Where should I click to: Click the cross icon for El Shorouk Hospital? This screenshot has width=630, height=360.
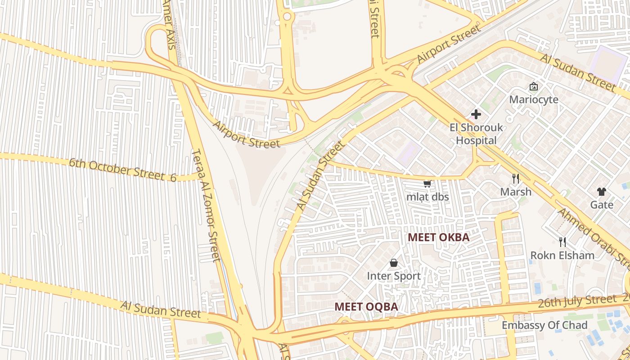pyautogui.click(x=476, y=114)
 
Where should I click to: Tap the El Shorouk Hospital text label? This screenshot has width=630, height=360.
pyautogui.click(x=476, y=134)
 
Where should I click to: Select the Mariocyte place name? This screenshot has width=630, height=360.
pyautogui.click(x=534, y=99)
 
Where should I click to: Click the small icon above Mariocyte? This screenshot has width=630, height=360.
pyautogui.click(x=534, y=86)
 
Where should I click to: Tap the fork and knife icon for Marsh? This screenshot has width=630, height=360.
pyautogui.click(x=516, y=179)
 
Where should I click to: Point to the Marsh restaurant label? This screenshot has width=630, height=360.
pyautogui.click(x=516, y=192)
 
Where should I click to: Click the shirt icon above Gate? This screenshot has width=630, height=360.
pyautogui.click(x=602, y=192)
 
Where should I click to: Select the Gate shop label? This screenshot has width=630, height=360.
pyautogui.click(x=602, y=205)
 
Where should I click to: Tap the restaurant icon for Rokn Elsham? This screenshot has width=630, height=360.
pyautogui.click(x=562, y=242)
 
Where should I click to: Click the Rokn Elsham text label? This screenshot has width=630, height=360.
pyautogui.click(x=562, y=256)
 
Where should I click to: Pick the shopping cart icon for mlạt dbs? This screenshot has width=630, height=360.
pyautogui.click(x=427, y=184)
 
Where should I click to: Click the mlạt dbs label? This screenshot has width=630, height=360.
pyautogui.click(x=427, y=197)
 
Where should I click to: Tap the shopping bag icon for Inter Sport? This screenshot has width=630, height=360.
pyautogui.click(x=394, y=263)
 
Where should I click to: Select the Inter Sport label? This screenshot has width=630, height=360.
pyautogui.click(x=394, y=276)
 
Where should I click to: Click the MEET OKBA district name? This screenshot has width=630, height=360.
pyautogui.click(x=438, y=237)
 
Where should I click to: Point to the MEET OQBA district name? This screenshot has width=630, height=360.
pyautogui.click(x=366, y=307)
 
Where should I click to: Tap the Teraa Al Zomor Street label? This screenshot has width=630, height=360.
pyautogui.click(x=206, y=205)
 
